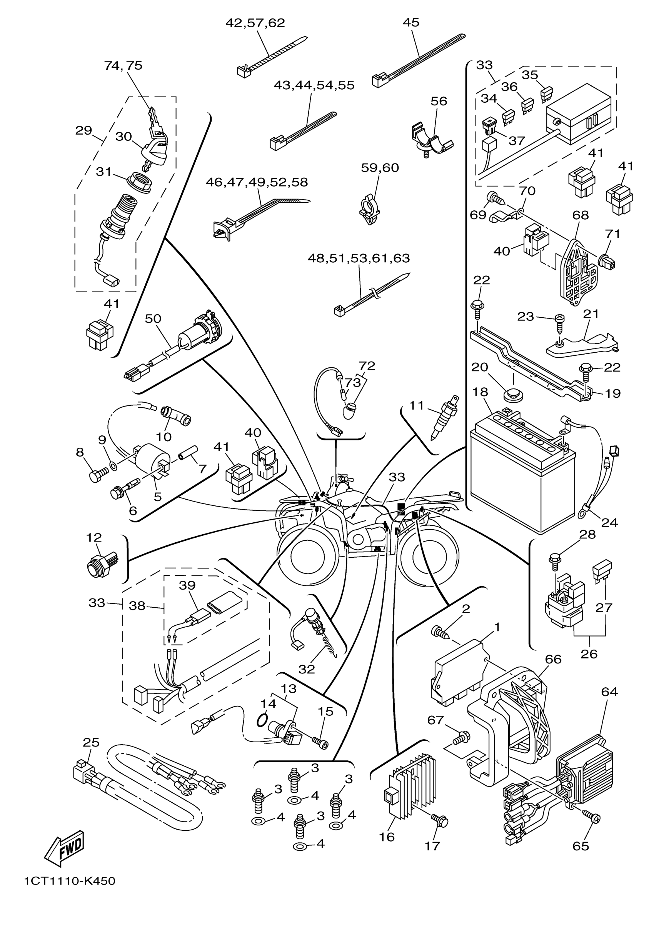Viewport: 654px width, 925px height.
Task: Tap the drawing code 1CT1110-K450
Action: pos(69,892)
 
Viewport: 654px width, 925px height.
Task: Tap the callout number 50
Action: pos(153,319)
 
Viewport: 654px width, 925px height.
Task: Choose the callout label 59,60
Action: pos(380,168)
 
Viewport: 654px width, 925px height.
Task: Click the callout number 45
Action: pos(411,23)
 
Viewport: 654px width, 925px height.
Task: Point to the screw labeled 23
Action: pos(559,322)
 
